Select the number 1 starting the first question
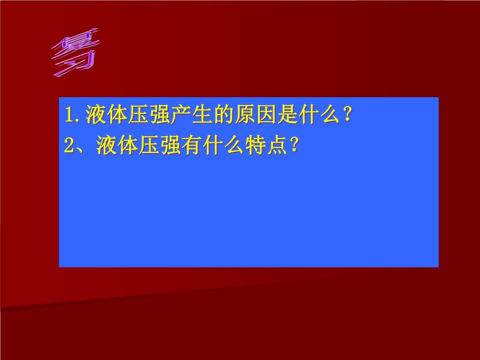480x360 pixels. tap(69, 115)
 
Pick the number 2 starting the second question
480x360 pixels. tap(70, 145)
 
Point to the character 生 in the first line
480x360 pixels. tap(202, 115)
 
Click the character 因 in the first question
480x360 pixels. tap(266, 115)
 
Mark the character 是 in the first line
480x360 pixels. tap(288, 115)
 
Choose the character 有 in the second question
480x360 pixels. tap(192, 145)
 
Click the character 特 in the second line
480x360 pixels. tap(256, 145)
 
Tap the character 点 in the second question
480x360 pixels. tap(277, 145)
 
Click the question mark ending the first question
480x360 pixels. tap(347, 115)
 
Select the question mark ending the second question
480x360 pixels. tap(293, 145)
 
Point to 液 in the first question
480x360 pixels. tap(96, 115)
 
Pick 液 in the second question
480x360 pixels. tap(107, 145)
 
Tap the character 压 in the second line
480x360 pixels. tap(149, 145)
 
